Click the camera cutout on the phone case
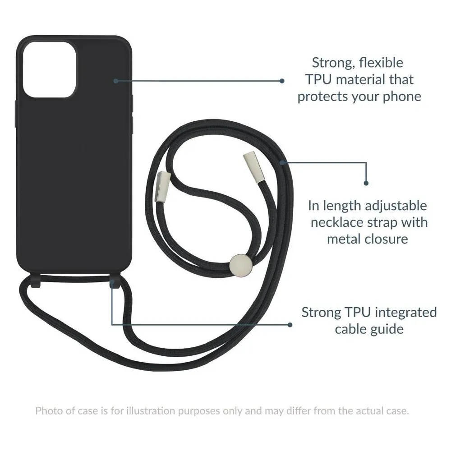point(50,69)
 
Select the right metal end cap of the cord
point(253,167)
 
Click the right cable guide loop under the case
point(115,280)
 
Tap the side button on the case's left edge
point(16,114)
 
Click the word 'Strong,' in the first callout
point(333,63)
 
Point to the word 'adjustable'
point(396,206)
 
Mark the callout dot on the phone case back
point(116,81)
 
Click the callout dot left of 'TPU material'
point(282,81)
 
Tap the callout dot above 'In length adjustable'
point(366,183)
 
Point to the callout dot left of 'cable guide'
point(290,325)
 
